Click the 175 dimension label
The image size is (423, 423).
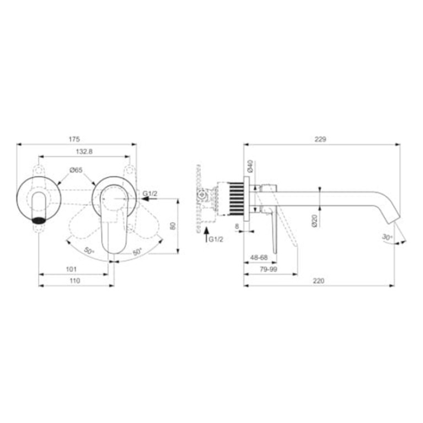(x=74, y=139)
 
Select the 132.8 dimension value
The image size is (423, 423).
(x=84, y=152)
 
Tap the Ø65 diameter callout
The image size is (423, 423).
(x=76, y=170)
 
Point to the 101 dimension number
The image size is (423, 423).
(x=71, y=269)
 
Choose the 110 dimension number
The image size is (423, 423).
(x=74, y=281)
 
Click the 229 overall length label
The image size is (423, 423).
(x=320, y=139)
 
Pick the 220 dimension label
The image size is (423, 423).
(x=319, y=281)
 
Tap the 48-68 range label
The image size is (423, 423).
(x=259, y=258)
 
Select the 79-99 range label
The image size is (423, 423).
(x=268, y=269)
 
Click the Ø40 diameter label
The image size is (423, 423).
(x=250, y=166)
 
